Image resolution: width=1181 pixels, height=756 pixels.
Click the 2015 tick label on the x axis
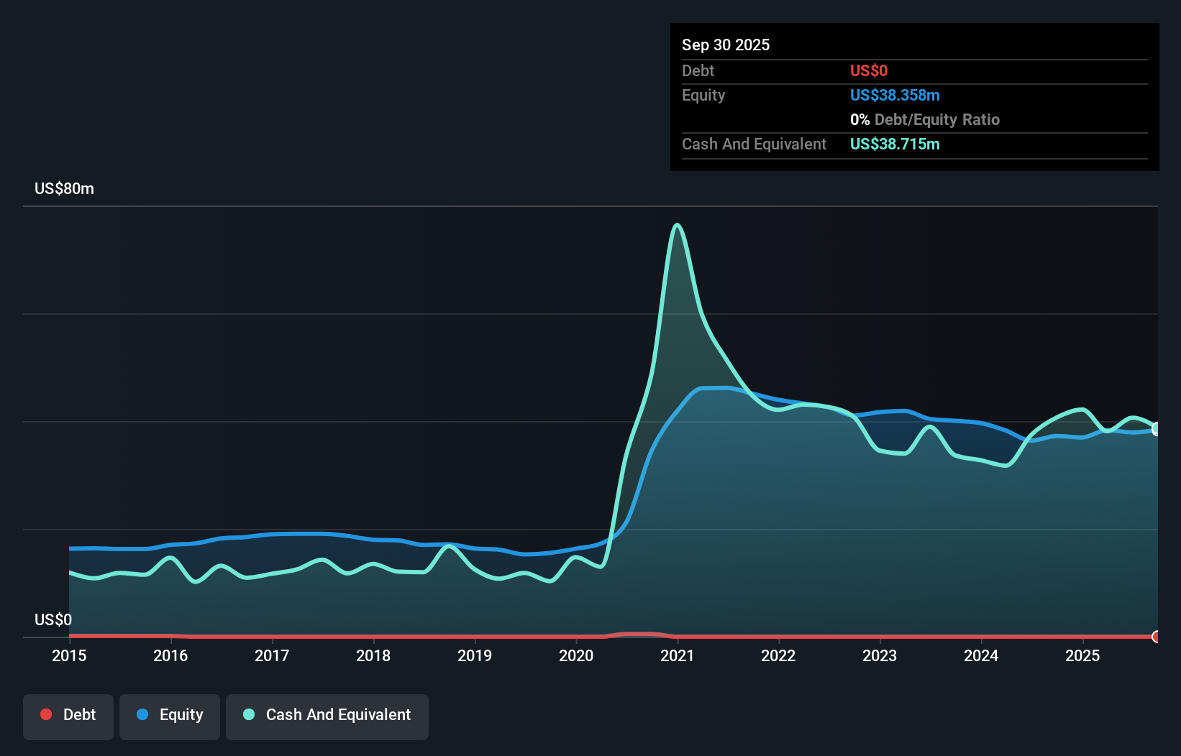[x=69, y=655]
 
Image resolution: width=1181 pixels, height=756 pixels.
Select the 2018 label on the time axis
[x=373, y=655]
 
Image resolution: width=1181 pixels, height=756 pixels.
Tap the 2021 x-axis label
[x=677, y=655]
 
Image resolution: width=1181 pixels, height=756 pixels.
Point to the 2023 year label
[x=880, y=655]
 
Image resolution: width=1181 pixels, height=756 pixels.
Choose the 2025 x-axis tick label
[x=1082, y=655]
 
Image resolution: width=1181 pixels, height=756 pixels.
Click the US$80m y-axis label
[x=64, y=188]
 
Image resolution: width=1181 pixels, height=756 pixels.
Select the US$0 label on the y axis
[x=53, y=619]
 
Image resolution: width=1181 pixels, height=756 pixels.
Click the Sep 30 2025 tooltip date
[x=725, y=45]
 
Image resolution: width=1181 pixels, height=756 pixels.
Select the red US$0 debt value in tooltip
[x=868, y=70]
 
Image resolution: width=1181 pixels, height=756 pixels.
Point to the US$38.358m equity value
[x=894, y=95]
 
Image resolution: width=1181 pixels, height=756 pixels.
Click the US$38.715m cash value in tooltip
[x=894, y=144]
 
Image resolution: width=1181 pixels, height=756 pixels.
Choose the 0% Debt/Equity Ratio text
[x=924, y=119]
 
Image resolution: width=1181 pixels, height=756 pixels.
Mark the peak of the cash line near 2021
[x=677, y=225]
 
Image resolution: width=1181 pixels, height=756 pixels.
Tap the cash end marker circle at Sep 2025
[x=1157, y=429]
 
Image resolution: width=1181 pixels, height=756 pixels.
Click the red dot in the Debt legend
[x=46, y=714]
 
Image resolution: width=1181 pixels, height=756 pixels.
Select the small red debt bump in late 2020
[x=637, y=634]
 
